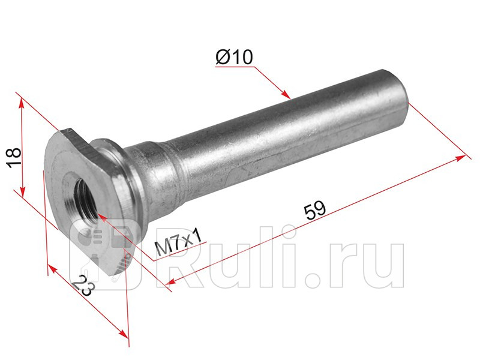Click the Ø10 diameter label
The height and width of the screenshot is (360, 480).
(x=234, y=57)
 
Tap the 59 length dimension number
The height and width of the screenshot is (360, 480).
(x=314, y=210)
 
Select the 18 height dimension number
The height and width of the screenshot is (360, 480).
(x=14, y=157)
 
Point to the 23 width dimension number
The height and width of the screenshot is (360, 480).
(x=82, y=286)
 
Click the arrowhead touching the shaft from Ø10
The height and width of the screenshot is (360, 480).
(x=286, y=94)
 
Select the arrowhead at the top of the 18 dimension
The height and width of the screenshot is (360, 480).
(x=21, y=103)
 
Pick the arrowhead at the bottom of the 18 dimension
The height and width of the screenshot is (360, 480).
(x=22, y=191)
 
